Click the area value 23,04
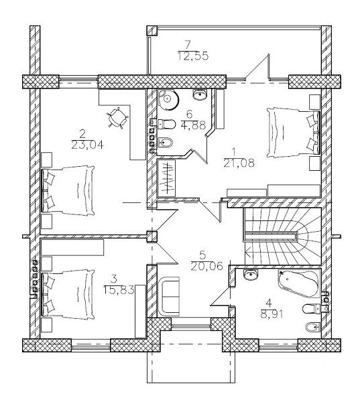87,145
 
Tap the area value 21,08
239,163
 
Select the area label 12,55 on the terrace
192,56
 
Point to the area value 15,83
119,290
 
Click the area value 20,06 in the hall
206,267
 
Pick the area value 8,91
272,314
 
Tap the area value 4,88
193,125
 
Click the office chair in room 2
118,118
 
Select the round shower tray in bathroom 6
168,99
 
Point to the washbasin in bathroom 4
251,275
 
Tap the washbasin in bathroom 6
200,94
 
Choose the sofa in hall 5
168,296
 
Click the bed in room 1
293,132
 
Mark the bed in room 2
68,191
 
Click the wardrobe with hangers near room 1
166,178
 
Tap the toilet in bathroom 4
312,309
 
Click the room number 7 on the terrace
188,45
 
